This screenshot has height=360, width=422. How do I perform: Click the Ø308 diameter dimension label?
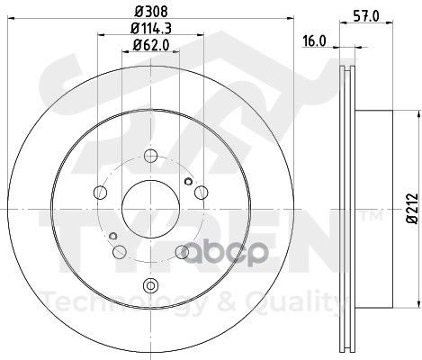[151, 12]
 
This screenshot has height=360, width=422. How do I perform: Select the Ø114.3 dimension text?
[151, 29]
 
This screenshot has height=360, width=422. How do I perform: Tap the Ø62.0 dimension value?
[151, 45]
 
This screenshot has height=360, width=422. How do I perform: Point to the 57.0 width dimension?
[366, 15]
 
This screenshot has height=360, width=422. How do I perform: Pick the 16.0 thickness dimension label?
[314, 41]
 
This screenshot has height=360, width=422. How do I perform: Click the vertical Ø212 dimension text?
[412, 208]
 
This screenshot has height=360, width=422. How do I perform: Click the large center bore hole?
[150, 209]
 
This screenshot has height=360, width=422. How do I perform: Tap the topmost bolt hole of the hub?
[150, 156]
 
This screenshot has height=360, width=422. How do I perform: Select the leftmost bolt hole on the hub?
[101, 193]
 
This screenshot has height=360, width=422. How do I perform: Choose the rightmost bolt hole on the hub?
[201, 193]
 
